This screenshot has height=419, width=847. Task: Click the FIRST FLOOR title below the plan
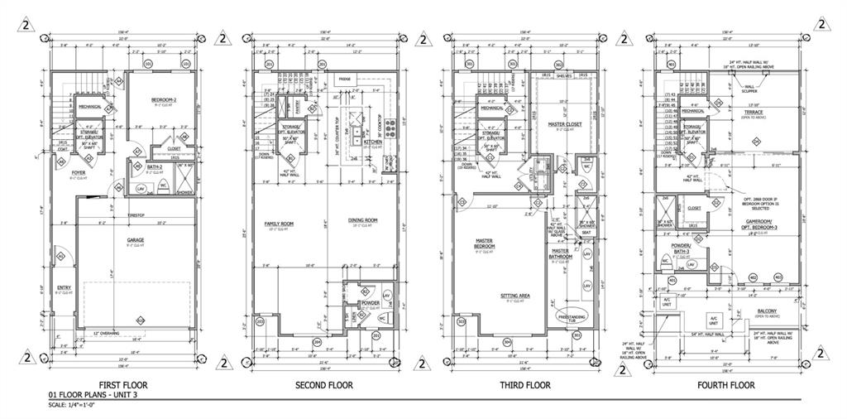[x=122, y=385]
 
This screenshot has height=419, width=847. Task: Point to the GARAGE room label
[x=136, y=240]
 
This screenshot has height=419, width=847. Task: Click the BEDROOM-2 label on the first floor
[x=164, y=100]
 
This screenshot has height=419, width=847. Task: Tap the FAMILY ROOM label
[x=279, y=224]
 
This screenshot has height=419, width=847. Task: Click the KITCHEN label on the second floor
[x=373, y=142]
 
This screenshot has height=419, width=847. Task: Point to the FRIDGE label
[x=343, y=79]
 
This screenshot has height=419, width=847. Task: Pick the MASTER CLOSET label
[x=565, y=124]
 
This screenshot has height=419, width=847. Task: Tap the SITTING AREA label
[x=514, y=296]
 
